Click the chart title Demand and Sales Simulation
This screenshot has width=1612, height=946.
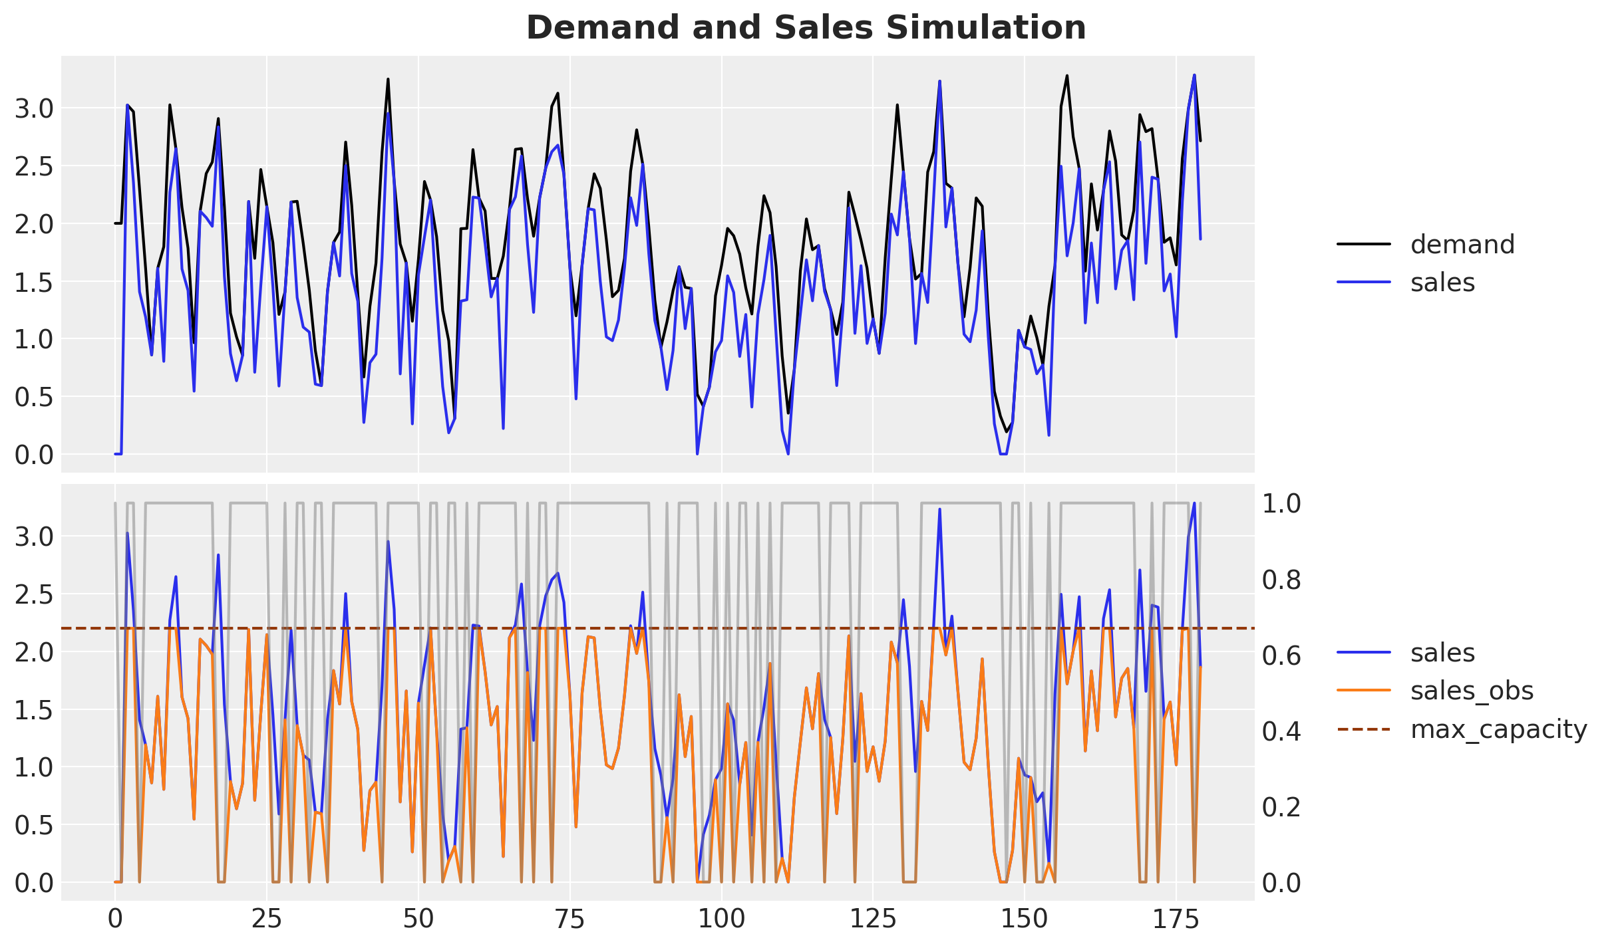pyautogui.click(x=806, y=28)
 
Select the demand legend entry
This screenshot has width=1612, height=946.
pyautogui.click(x=1462, y=245)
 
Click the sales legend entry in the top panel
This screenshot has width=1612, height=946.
pyautogui.click(x=1442, y=283)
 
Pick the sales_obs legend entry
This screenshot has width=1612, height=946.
pyautogui.click(x=1471, y=691)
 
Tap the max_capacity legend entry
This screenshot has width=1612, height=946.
pyautogui.click(x=1498, y=729)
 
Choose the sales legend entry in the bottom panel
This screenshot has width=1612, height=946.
pyautogui.click(x=1442, y=653)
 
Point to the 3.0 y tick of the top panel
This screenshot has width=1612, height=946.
pyautogui.click(x=34, y=108)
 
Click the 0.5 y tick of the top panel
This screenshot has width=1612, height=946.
pyautogui.click(x=34, y=397)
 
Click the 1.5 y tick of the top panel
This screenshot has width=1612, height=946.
pyautogui.click(x=34, y=282)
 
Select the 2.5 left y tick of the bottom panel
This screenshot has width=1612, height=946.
pyautogui.click(x=34, y=594)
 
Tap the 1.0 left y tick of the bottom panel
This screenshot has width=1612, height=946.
pyautogui.click(x=34, y=767)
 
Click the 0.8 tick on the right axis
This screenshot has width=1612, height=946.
pyautogui.click(x=1281, y=580)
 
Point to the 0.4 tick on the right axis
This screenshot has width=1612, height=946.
pyautogui.click(x=1281, y=731)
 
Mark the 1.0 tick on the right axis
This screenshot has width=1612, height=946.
pyautogui.click(x=1281, y=504)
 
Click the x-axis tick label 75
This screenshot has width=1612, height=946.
pyautogui.click(x=569, y=920)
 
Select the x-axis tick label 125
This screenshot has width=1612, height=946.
pyautogui.click(x=873, y=920)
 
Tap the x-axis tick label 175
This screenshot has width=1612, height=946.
pyautogui.click(x=1176, y=920)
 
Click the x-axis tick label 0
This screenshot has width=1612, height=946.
pyautogui.click(x=115, y=920)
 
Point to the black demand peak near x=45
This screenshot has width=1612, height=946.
pyautogui.click(x=388, y=80)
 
